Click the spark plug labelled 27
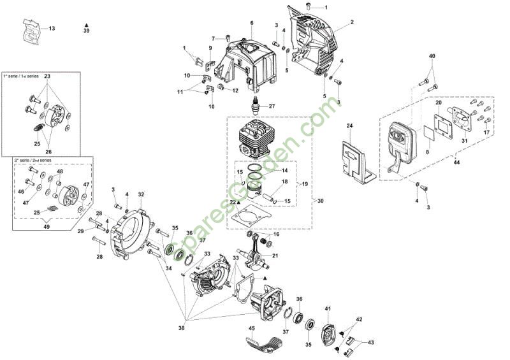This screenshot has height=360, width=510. (256, 106)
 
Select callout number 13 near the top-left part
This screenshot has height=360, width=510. (52, 29)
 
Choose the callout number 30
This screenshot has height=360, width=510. (320, 201)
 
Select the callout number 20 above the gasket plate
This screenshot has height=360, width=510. (439, 103)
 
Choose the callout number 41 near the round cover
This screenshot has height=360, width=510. (329, 308)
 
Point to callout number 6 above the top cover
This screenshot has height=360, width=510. (251, 23)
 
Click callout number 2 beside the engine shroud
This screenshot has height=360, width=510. (351, 22)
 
